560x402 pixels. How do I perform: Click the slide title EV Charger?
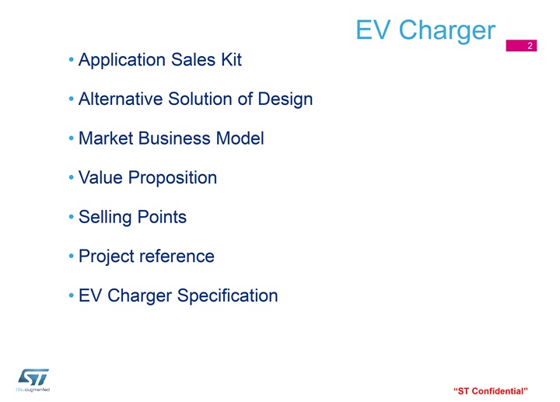[425, 31]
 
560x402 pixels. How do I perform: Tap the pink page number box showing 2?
[521, 45]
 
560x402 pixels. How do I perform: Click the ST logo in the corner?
[33, 380]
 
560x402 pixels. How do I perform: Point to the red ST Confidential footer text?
[490, 391]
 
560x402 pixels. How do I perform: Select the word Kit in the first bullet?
[232, 59]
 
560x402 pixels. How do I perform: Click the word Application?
[122, 61]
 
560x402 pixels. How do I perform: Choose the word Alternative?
[121, 99]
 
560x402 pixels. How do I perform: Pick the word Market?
[106, 138]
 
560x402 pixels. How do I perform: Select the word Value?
[100, 177]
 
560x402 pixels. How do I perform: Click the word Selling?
[105, 218]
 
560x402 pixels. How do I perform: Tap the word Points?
[162, 217]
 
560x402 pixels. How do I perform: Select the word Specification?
[227, 296]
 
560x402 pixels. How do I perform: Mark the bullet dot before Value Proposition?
[71, 177]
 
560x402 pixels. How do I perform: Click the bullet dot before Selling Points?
[71, 216]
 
